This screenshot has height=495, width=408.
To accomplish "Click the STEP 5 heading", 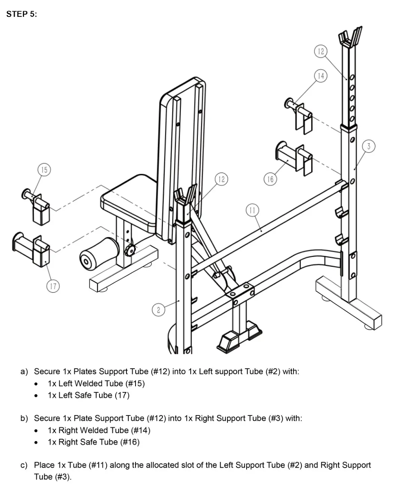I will coord(22,14).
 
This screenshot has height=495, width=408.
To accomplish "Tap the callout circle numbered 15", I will coord(44,170).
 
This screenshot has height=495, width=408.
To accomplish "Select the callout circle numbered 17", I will coord(53,286).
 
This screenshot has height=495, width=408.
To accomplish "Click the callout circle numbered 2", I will coord(158,310).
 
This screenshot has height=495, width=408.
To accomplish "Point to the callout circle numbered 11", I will coord(252,210).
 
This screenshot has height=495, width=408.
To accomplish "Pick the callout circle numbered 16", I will coord(270,179).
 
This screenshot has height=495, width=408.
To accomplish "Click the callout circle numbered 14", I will coord(321,76).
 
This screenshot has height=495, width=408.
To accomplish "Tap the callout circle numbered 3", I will coord(369,146).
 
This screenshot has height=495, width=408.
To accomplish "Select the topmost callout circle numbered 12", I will coord(321,51).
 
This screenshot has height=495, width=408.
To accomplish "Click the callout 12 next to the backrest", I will coord(221,179).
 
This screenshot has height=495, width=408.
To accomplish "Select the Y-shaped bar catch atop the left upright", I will coord(185,195).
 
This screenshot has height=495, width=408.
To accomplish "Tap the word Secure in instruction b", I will coord(47,418).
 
